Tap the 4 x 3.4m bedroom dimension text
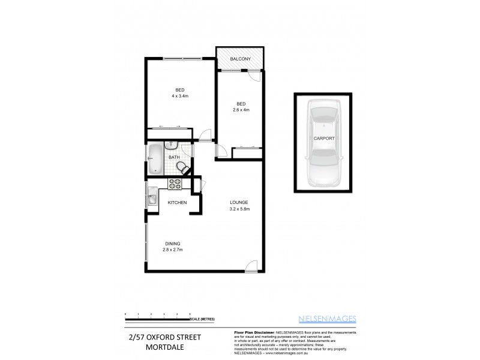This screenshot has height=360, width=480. click(180, 95)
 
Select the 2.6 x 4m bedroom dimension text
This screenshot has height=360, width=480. click(241, 109)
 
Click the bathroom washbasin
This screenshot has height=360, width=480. click(170, 144)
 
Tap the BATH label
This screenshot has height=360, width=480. click(174, 157)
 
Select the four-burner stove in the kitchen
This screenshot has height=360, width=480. click(176, 185)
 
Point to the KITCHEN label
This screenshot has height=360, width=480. click(177, 203)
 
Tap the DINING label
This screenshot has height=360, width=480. click(172, 243)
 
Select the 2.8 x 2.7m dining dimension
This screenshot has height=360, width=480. click(172, 249)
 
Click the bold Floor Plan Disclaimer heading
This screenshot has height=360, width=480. click(251, 332)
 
